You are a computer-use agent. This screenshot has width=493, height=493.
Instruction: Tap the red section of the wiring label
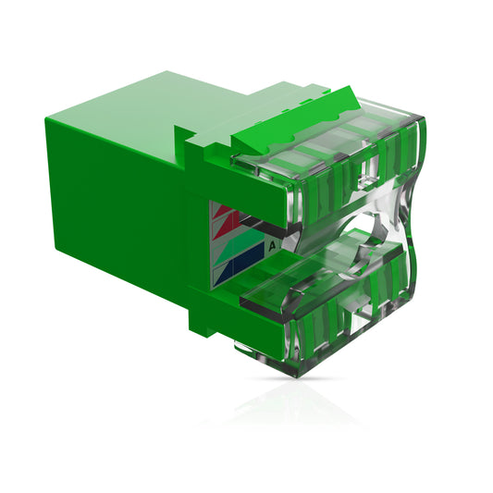coord(225,219)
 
